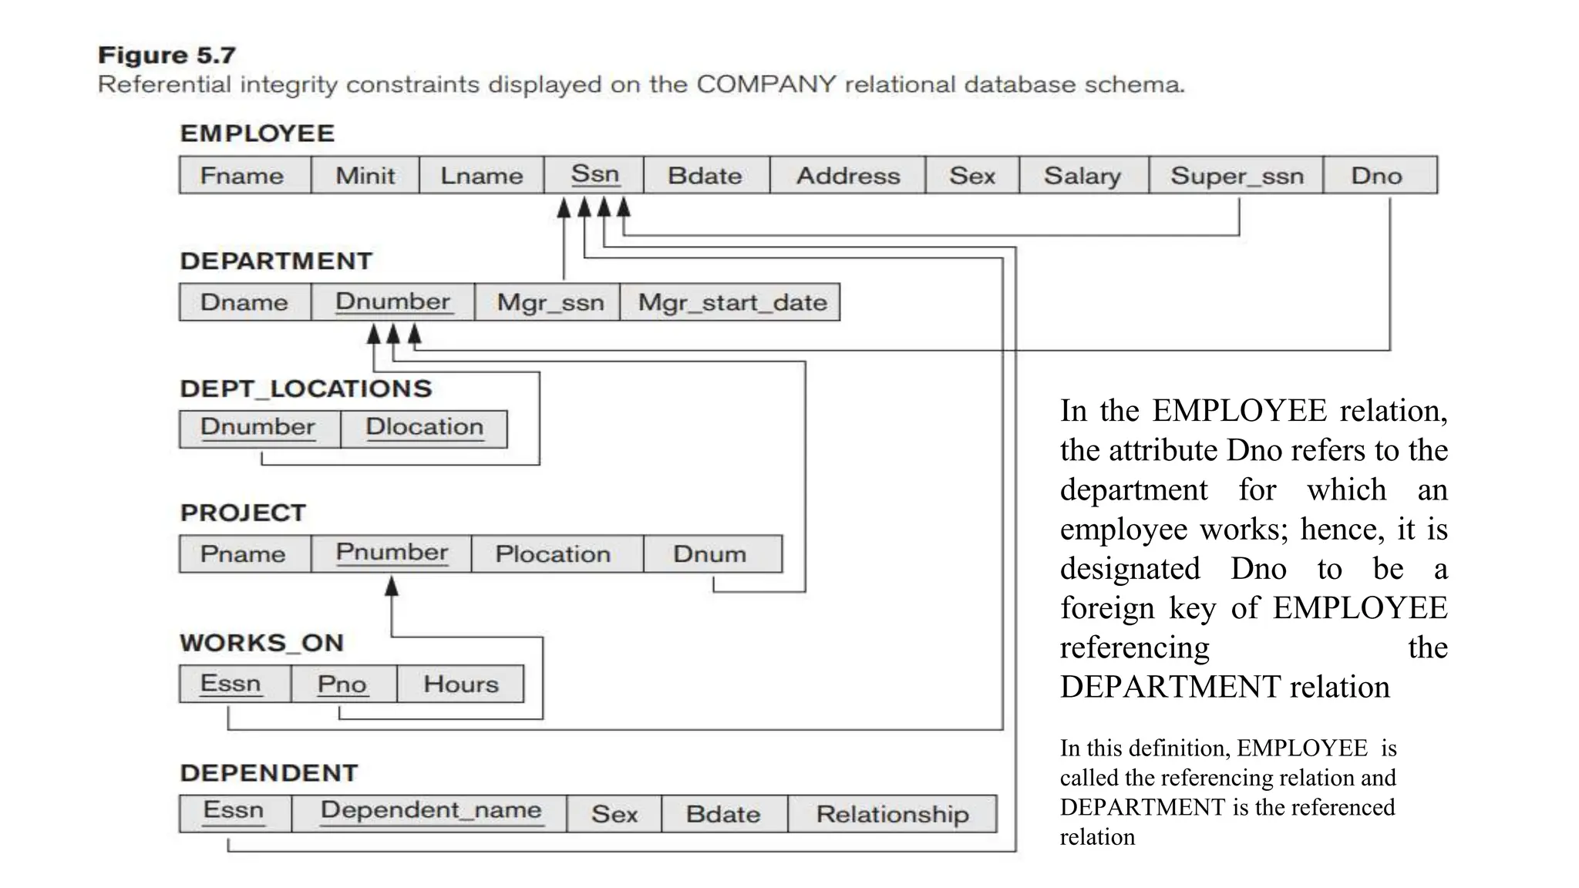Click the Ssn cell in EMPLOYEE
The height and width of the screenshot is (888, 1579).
(594, 175)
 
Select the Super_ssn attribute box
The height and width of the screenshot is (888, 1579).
(1237, 176)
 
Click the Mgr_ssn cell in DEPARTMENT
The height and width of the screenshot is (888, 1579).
(550, 302)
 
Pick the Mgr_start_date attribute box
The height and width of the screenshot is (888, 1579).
(732, 302)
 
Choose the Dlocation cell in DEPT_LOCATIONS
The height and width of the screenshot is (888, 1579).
(424, 428)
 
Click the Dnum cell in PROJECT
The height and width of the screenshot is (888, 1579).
(710, 554)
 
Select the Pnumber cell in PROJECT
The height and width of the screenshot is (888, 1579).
(392, 553)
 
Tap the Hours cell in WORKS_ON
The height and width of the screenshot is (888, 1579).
(460, 684)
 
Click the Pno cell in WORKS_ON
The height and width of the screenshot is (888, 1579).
(342, 684)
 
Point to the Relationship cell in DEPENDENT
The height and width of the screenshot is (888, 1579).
(892, 814)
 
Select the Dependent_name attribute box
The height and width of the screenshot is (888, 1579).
(430, 812)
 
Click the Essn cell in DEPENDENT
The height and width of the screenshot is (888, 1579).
(234, 812)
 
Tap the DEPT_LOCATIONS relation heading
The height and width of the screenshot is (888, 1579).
(306, 388)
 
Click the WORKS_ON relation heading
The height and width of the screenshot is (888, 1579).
(261, 643)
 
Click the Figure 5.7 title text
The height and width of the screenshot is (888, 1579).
(167, 55)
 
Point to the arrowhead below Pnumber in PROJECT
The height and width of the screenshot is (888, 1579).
(392, 587)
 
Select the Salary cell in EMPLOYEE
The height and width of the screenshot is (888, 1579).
(1082, 176)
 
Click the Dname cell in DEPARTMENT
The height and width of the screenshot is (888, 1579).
(244, 302)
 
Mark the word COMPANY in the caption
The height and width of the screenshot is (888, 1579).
(766, 84)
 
